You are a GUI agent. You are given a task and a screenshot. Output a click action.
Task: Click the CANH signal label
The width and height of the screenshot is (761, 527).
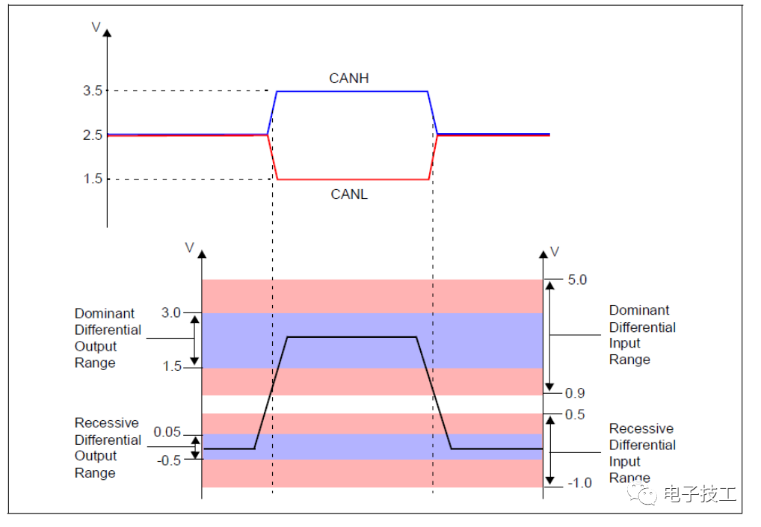click(348, 78)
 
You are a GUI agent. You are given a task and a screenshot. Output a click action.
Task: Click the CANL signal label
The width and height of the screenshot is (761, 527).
click(349, 194)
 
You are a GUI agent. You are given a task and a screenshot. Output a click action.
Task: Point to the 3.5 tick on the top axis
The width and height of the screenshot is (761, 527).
click(93, 90)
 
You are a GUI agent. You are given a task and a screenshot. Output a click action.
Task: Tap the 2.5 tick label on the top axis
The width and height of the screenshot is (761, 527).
click(93, 135)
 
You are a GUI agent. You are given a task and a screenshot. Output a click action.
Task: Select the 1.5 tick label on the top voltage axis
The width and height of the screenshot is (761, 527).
click(93, 179)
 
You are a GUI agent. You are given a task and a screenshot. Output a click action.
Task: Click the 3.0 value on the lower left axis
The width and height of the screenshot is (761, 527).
click(171, 312)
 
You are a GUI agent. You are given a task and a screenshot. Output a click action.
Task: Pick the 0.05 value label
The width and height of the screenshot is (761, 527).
click(167, 432)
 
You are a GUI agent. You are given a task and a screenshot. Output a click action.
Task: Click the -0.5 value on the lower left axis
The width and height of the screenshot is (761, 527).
click(169, 460)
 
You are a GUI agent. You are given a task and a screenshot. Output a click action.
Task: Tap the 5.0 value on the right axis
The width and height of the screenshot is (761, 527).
click(577, 280)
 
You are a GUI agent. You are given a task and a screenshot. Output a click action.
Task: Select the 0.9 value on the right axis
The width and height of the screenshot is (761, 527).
click(575, 393)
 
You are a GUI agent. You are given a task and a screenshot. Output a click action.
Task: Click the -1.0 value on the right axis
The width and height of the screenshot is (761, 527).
click(580, 483)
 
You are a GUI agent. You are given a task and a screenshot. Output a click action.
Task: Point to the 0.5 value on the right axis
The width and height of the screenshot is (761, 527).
click(575, 414)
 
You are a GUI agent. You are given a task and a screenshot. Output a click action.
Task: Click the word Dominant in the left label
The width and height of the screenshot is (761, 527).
click(105, 313)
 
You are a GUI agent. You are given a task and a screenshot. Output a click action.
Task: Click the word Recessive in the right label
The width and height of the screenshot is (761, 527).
click(641, 428)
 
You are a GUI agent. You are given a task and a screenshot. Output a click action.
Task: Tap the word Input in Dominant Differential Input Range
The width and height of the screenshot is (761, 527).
click(625, 344)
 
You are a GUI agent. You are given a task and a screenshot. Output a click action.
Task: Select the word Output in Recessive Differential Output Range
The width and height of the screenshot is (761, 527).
click(96, 456)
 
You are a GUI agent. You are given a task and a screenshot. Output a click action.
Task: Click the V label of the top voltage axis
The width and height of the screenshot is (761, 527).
click(96, 27)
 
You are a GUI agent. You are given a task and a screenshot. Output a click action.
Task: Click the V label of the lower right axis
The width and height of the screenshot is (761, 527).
click(555, 251)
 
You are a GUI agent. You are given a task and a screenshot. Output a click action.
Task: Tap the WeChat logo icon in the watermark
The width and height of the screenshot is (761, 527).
click(641, 493)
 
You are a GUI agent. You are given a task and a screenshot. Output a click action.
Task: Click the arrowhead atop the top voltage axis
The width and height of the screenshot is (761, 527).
click(107, 32)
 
